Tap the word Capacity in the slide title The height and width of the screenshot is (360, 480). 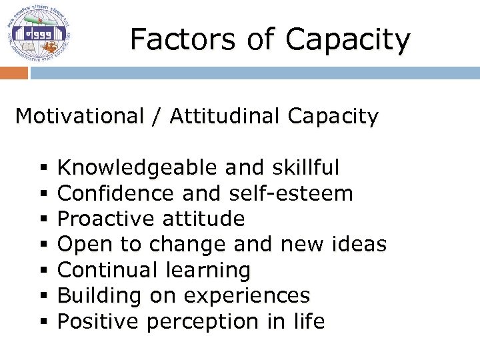(347, 41)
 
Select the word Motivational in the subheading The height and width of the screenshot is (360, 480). (79, 116)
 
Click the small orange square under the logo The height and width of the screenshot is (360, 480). (13, 73)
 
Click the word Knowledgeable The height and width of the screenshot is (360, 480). (137, 168)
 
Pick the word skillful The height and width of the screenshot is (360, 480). (306, 168)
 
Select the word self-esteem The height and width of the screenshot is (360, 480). (291, 193)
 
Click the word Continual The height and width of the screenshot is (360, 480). (105, 270)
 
